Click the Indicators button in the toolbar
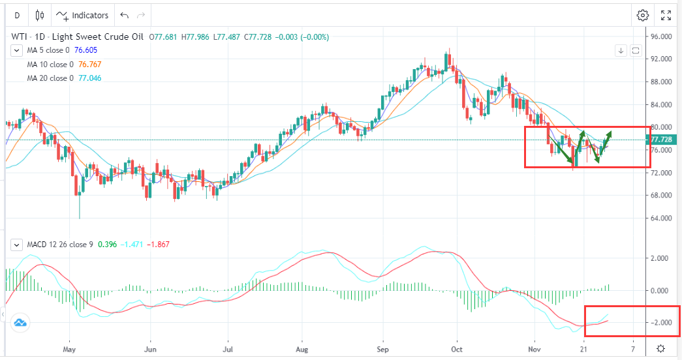pyautogui.click(x=82, y=15)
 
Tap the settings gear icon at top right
pyautogui.click(x=643, y=15)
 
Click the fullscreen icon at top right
pyautogui.click(x=666, y=15)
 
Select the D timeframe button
pyautogui.click(x=16, y=15)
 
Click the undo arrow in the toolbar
pyautogui.click(x=125, y=15)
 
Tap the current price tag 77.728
pyautogui.click(x=662, y=140)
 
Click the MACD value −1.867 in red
pyautogui.click(x=159, y=245)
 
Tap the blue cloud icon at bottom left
pyautogui.click(x=20, y=323)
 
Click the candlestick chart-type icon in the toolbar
pyautogui.click(x=40, y=15)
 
